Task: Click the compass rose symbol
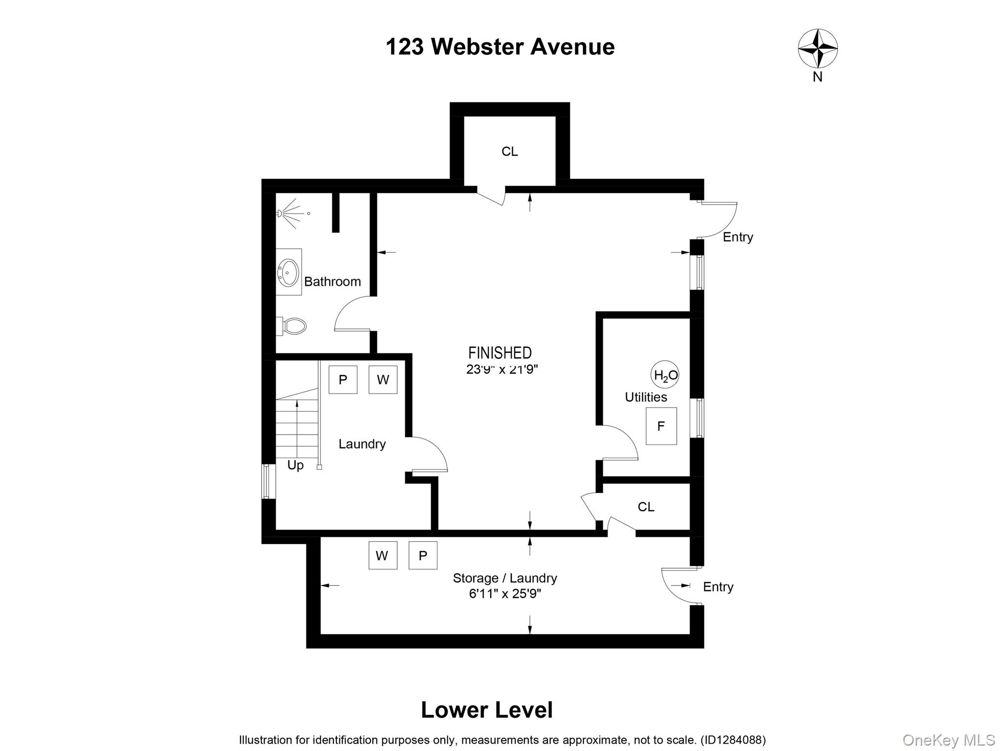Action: click(817, 48)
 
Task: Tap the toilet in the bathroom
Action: click(293, 326)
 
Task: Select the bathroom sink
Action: click(288, 272)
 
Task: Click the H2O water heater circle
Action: click(665, 375)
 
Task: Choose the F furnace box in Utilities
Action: click(661, 426)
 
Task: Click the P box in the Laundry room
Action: click(343, 379)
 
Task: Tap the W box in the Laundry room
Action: click(383, 379)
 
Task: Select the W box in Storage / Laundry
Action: click(382, 555)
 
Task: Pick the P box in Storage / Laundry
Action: click(423, 555)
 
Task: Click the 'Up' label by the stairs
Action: click(295, 465)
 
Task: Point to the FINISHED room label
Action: click(500, 353)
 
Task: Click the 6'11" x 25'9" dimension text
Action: click(505, 594)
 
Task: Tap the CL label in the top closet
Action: click(509, 152)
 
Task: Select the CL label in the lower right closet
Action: click(646, 507)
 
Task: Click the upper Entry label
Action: click(738, 237)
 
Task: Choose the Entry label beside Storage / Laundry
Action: click(718, 587)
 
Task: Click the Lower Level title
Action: click(486, 710)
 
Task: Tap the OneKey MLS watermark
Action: click(948, 740)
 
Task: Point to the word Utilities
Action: click(646, 397)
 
